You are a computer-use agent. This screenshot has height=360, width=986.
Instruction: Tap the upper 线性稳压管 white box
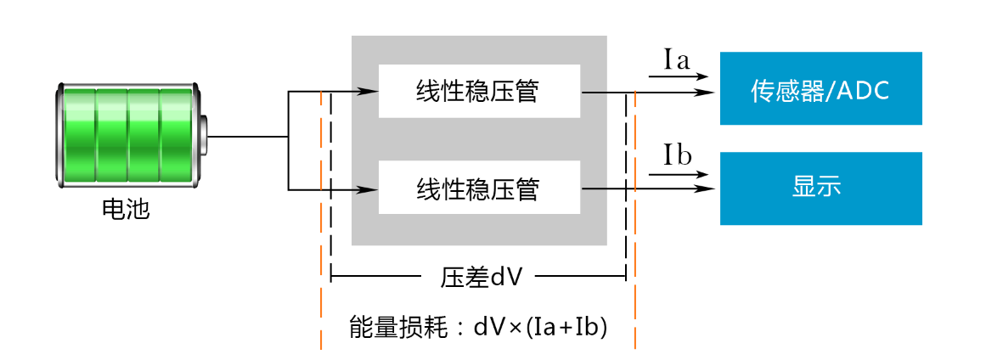pos(479,91)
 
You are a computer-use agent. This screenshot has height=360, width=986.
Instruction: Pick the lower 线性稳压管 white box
pos(479,188)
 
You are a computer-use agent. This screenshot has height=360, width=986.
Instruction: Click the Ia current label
pos(677,59)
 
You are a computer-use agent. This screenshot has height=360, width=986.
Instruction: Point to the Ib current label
pos(677,156)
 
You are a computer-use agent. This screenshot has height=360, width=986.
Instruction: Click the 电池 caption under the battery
pos(126,209)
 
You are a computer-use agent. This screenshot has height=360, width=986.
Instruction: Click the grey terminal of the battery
pos(203,135)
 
